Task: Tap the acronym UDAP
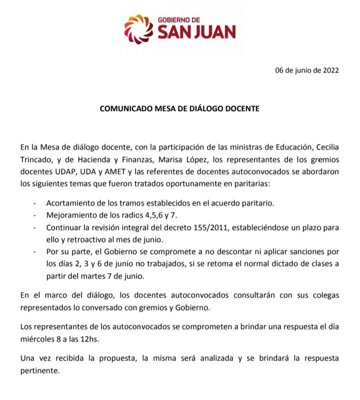coord(61,172)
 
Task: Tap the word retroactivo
coord(85,239)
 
